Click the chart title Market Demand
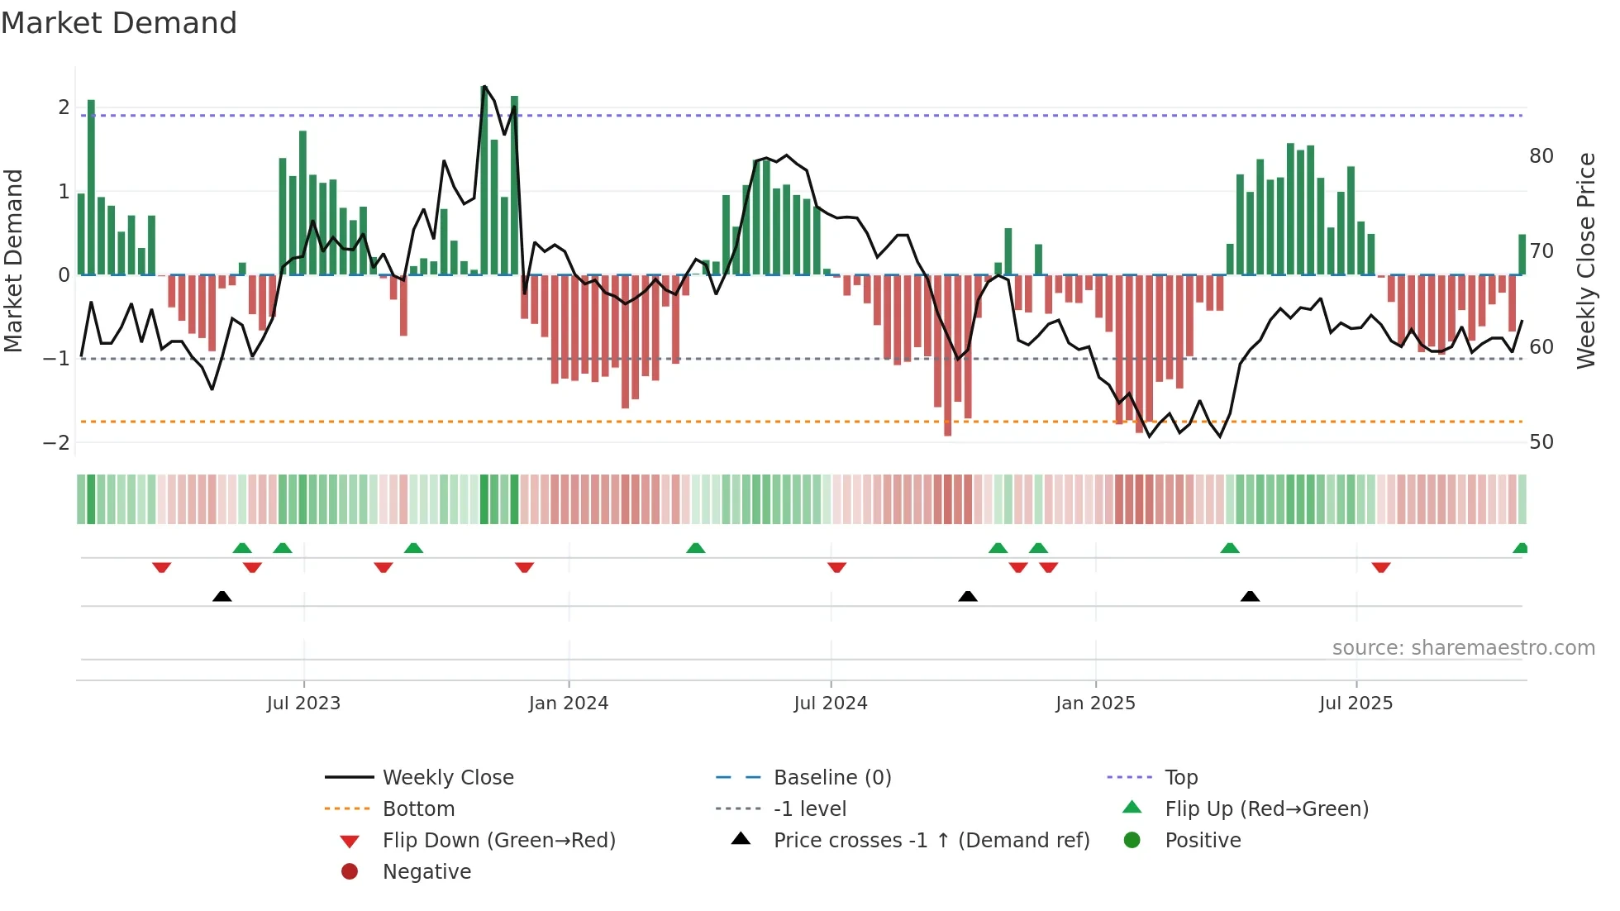pyautogui.click(x=119, y=23)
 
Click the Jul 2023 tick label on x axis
pyautogui.click(x=303, y=704)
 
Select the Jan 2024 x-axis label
pyautogui.click(x=569, y=704)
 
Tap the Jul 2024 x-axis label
pyautogui.click(x=831, y=704)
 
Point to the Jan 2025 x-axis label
pyautogui.click(x=1095, y=704)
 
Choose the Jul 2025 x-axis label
pyautogui.click(x=1356, y=704)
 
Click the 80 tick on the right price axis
pyautogui.click(x=1541, y=156)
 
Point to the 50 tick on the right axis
pyautogui.click(x=1541, y=442)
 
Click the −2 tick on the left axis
pyautogui.click(x=56, y=443)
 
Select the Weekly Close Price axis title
pyautogui.click(x=1585, y=260)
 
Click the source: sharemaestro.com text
pyautogui.click(x=1463, y=648)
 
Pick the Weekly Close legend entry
pyautogui.click(x=447, y=778)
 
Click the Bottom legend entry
pyautogui.click(x=418, y=809)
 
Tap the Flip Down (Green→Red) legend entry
pyautogui.click(x=498, y=841)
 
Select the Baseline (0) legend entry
pyautogui.click(x=831, y=778)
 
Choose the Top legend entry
pyautogui.click(x=1180, y=778)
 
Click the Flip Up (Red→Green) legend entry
pyautogui.click(x=1266, y=809)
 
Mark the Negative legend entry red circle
pyautogui.click(x=350, y=872)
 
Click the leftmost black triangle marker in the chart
pyautogui.click(x=222, y=596)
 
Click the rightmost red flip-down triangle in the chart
pyautogui.click(x=1380, y=567)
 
